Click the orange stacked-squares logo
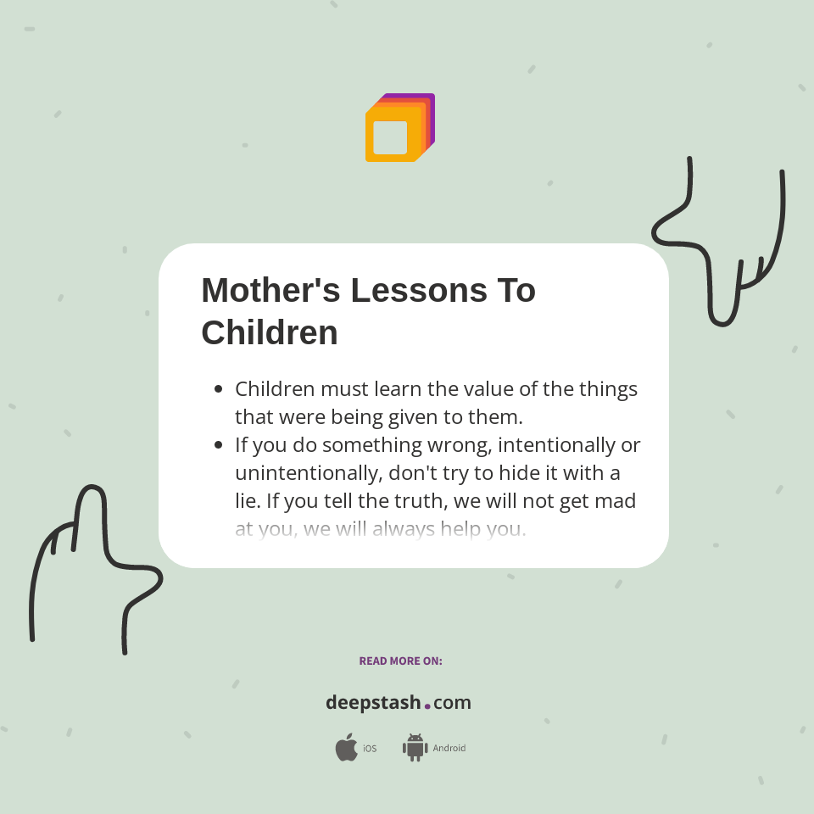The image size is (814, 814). click(x=399, y=128)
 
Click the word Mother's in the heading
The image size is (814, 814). click(x=270, y=290)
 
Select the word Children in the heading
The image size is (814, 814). click(x=270, y=332)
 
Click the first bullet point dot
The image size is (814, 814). click(x=219, y=389)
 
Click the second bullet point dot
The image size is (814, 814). click(x=219, y=444)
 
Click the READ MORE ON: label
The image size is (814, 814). click(x=400, y=661)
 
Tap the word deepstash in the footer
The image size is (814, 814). click(x=373, y=702)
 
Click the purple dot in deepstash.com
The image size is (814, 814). click(x=427, y=705)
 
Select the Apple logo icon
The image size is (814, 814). click(x=346, y=748)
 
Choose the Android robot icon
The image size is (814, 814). click(x=415, y=747)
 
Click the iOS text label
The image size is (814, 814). click(x=370, y=749)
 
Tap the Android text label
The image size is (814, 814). click(x=449, y=748)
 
